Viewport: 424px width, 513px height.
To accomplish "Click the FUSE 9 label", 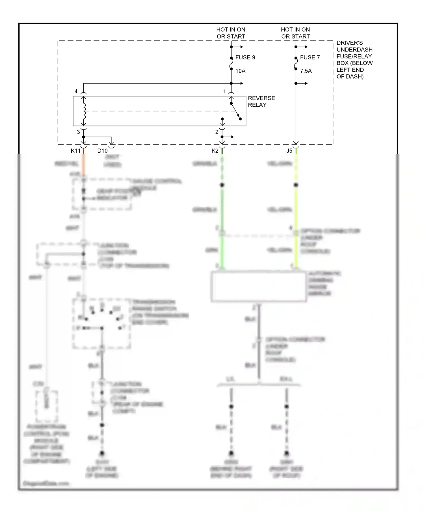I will (245, 57).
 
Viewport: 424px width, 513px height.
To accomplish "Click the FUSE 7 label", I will (310, 57).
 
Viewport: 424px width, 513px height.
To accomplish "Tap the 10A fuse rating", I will (240, 71).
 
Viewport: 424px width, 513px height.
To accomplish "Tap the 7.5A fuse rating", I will (306, 71).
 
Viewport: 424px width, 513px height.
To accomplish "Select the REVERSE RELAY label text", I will (261, 102).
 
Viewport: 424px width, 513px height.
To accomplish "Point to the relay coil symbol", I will (84, 111).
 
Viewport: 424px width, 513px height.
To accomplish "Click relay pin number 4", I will (76, 91).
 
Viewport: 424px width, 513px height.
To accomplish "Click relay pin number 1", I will (225, 91).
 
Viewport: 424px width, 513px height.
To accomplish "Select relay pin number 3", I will (79, 132).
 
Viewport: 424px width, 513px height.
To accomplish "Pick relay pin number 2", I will (217, 132).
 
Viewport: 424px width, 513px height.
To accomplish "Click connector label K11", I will (75, 151).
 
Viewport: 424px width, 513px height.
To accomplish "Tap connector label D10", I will (102, 151).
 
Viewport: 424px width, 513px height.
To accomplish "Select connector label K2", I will (215, 151).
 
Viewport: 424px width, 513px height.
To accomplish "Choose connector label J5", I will (289, 151).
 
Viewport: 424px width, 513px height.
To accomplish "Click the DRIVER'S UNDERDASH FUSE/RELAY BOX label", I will (354, 60).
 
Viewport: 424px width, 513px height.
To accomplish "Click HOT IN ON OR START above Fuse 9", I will (231, 33).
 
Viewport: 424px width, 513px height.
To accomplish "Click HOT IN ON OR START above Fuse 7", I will (295, 33).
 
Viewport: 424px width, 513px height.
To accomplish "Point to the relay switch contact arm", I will (235, 111).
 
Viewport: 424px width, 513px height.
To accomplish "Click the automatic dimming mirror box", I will (259, 286).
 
